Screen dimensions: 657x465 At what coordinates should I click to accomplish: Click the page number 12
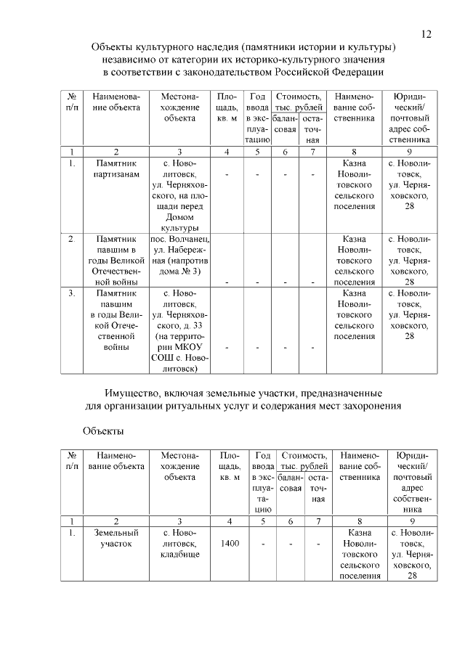[x=426, y=34]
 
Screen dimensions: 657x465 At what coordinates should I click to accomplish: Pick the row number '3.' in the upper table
[x=72, y=293]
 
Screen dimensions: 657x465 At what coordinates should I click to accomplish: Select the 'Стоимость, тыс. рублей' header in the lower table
[x=305, y=460]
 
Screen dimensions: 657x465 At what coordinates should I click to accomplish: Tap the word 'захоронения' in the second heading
[x=371, y=404]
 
